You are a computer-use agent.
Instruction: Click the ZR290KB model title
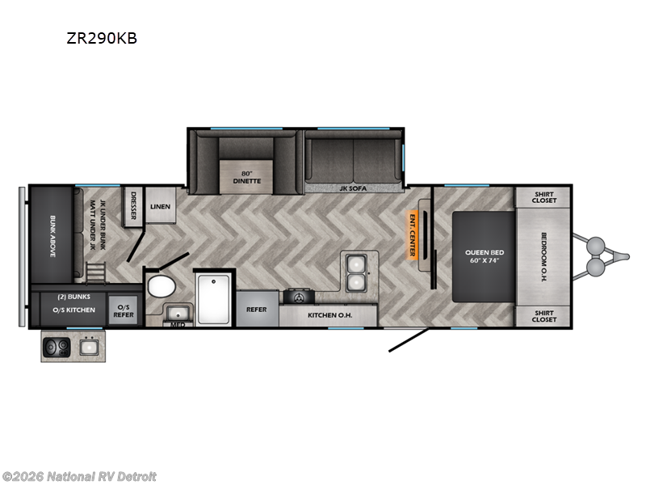pos(102,38)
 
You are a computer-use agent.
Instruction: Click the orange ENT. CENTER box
pos(411,235)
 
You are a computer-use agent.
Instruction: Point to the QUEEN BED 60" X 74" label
pos(483,256)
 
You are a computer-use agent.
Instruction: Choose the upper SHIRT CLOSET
pos(543,197)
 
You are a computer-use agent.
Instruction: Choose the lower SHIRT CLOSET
pos(543,315)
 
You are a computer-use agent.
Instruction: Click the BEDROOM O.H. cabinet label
pos(543,256)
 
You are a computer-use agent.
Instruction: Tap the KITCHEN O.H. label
pos(328,314)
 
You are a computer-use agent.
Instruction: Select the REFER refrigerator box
pos(257,310)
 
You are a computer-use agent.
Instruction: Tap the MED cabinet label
pos(178,325)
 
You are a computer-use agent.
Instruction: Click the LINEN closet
pos(160,207)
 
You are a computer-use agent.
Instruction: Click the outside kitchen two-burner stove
pos(60,348)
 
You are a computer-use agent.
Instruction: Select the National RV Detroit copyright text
pos(79,476)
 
